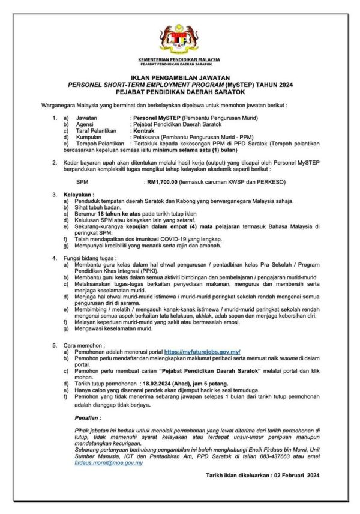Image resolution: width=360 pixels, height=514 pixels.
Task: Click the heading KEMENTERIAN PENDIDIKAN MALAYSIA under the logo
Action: pyautogui.click(x=179, y=59)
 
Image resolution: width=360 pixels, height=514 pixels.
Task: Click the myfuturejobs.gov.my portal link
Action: pyautogui.click(x=202, y=352)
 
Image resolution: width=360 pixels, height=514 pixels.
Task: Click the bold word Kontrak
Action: pyautogui.click(x=146, y=130)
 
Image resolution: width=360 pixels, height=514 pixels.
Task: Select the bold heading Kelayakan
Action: pyautogui.click(x=81, y=195)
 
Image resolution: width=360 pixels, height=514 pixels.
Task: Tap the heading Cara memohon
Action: pyautogui.click(x=85, y=346)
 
